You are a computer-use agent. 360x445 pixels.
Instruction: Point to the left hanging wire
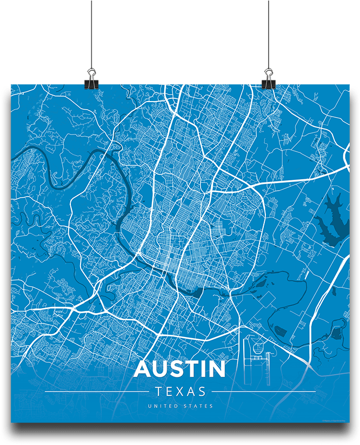click(x=91, y=32)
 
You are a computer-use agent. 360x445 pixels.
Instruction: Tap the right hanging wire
click(x=268, y=32)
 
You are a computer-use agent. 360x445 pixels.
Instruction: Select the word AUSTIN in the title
click(x=179, y=369)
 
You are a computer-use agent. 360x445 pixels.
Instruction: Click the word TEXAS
click(x=180, y=392)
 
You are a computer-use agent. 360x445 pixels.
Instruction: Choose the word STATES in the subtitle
click(x=199, y=406)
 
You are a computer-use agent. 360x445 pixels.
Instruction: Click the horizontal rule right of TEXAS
click(x=263, y=392)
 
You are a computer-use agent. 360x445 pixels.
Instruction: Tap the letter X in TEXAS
click(x=179, y=392)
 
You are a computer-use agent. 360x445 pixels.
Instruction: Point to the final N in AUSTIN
click(x=216, y=369)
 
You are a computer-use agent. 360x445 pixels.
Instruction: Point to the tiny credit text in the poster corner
click(x=335, y=420)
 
